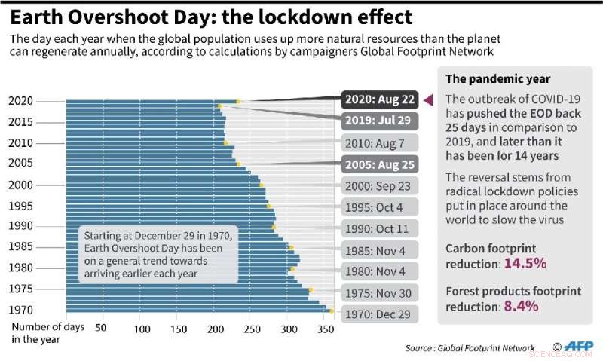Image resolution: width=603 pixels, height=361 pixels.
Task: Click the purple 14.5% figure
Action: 526,264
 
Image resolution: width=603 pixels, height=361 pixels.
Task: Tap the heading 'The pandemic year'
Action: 487,79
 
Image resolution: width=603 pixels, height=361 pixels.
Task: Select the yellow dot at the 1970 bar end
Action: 330,311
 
